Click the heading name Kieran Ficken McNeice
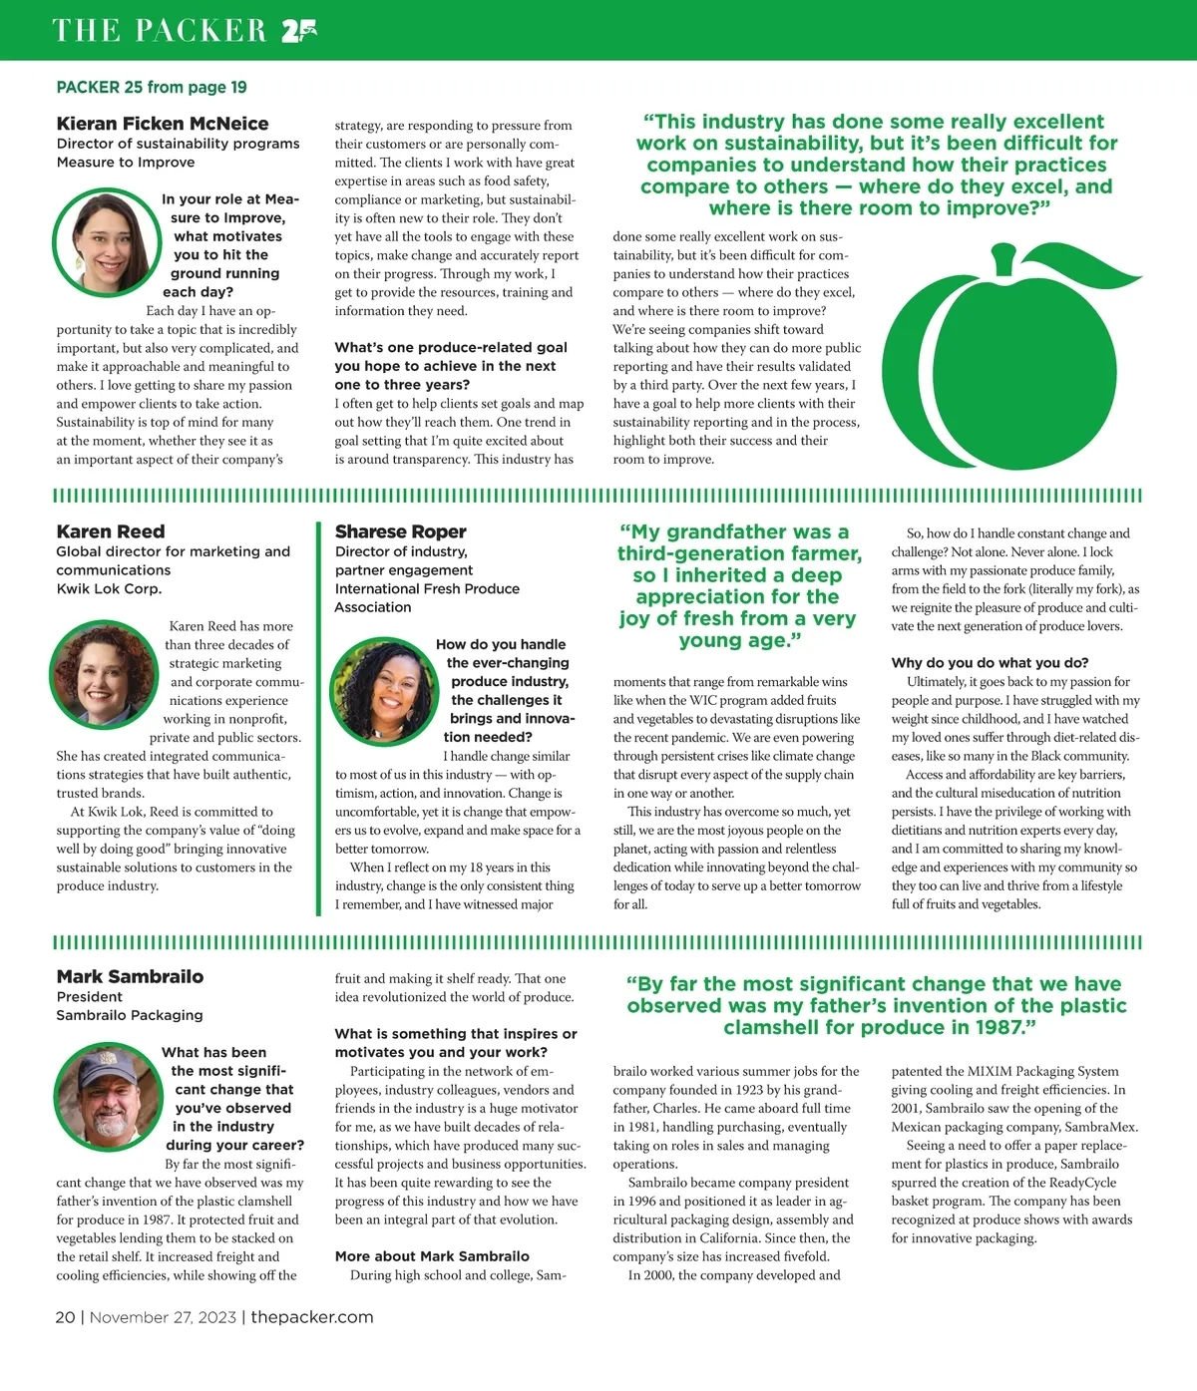[163, 124]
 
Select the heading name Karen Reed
[111, 531]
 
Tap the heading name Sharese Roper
[400, 531]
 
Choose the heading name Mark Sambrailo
[130, 976]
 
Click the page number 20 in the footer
[65, 1317]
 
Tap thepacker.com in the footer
[312, 1317]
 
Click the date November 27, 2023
[163, 1317]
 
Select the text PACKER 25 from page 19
[152, 88]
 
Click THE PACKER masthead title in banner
[160, 31]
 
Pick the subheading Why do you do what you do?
[990, 663]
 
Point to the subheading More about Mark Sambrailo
[432, 1256]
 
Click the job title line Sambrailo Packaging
[130, 1015]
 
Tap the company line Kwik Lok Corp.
[109, 589]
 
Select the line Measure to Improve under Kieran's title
[126, 163]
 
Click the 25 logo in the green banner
[298, 31]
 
